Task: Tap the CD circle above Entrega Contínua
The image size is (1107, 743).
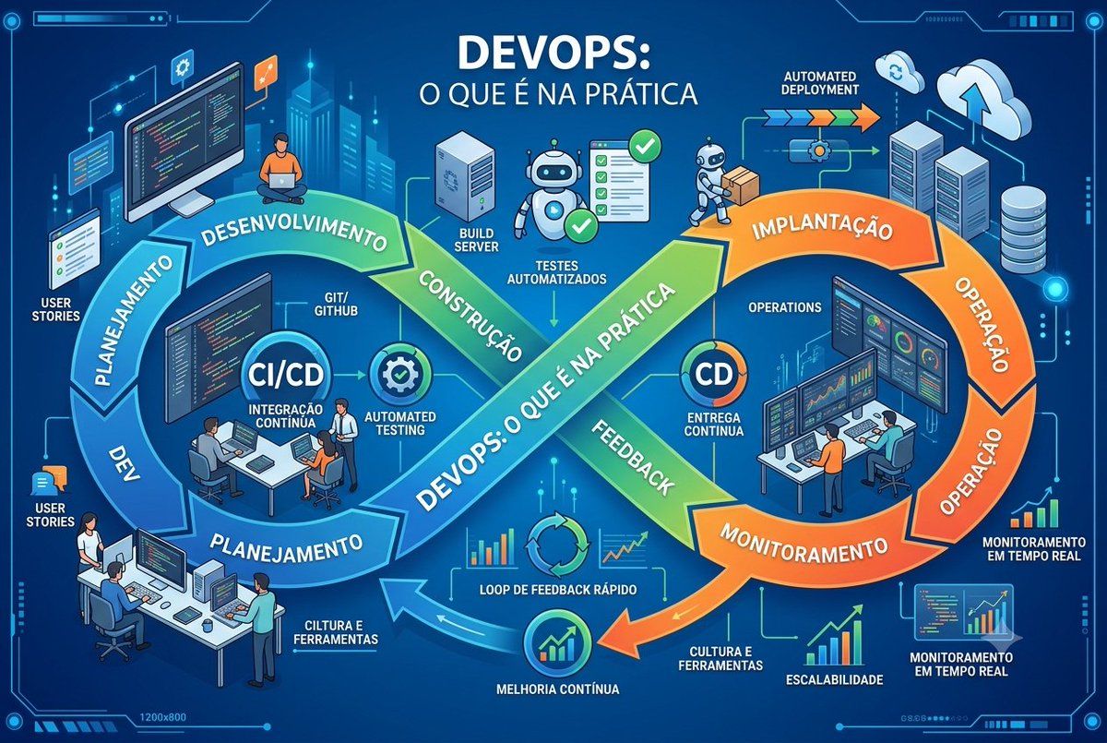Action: point(714,374)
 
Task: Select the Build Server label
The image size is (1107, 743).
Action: point(476,240)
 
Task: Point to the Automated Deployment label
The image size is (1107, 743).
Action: point(820,83)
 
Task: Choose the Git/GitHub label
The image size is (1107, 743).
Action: point(336,304)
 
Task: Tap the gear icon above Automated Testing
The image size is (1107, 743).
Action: point(399,373)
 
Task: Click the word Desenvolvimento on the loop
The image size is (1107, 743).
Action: point(294,233)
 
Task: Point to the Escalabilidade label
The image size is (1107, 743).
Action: point(834,679)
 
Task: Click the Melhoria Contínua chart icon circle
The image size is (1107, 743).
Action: point(557,641)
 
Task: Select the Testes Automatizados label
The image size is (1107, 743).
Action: point(556,272)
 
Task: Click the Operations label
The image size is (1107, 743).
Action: point(785,307)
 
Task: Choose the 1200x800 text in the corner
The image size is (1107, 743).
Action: point(163,716)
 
